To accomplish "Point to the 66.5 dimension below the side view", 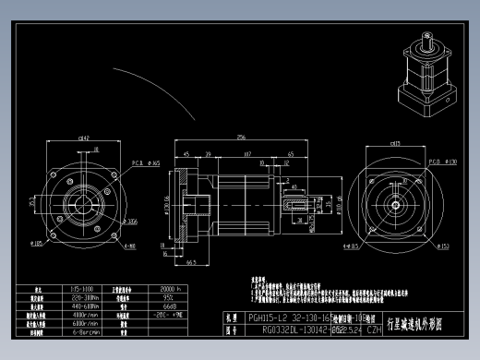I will tap(191, 262).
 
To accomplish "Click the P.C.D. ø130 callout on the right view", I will tap(445, 162).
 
